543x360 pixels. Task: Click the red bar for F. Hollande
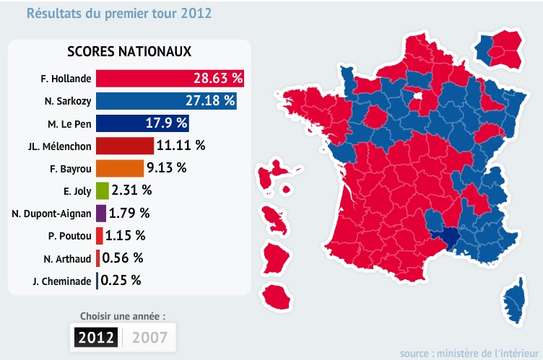pyautogui.click(x=169, y=78)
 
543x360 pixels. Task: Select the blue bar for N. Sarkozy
pyautogui.click(x=166, y=100)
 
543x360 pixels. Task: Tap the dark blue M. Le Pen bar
pyautogui.click(x=142, y=123)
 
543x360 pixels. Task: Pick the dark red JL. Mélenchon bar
pyautogui.click(x=124, y=145)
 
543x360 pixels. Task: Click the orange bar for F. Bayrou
pyautogui.click(x=119, y=168)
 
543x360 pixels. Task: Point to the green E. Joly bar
pyautogui.click(x=102, y=190)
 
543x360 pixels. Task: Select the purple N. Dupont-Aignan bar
pyautogui.click(x=100, y=213)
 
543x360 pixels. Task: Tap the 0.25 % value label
pyautogui.click(x=121, y=280)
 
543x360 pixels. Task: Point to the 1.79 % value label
pyautogui.click(x=129, y=213)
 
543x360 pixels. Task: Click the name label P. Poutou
pyautogui.click(x=69, y=236)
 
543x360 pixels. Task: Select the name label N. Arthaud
pyautogui.click(x=68, y=258)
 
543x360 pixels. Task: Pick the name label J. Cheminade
pyautogui.click(x=62, y=281)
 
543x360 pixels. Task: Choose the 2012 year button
pyautogui.click(x=96, y=337)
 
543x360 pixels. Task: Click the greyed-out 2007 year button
pyautogui.click(x=149, y=337)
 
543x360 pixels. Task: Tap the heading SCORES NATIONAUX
pyautogui.click(x=129, y=52)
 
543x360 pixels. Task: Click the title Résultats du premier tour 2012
pyautogui.click(x=120, y=13)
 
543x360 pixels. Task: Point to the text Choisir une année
pyautogui.click(x=123, y=316)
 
